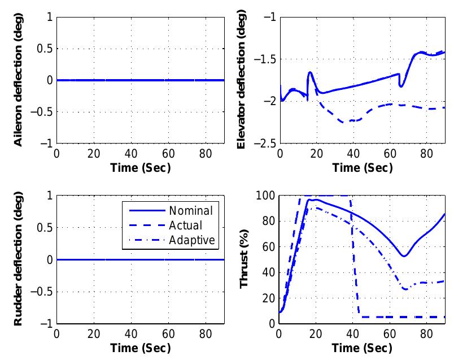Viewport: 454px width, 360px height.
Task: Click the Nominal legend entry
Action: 190,211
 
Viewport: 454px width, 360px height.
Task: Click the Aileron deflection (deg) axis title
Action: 19,80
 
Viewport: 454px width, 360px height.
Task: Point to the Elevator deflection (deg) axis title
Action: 241,80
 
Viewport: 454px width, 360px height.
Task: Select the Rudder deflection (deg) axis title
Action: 19,260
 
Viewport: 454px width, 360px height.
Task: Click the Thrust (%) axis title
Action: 245,260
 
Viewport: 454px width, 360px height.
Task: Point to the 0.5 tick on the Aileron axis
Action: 45,49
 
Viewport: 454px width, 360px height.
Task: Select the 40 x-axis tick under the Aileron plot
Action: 131,154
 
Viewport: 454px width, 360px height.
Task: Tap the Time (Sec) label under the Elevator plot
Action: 362,168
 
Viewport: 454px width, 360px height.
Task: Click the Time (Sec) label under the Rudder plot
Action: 140,347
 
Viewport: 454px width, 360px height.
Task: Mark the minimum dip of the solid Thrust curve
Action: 404,256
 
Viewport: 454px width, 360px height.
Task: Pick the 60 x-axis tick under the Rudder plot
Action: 168,334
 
